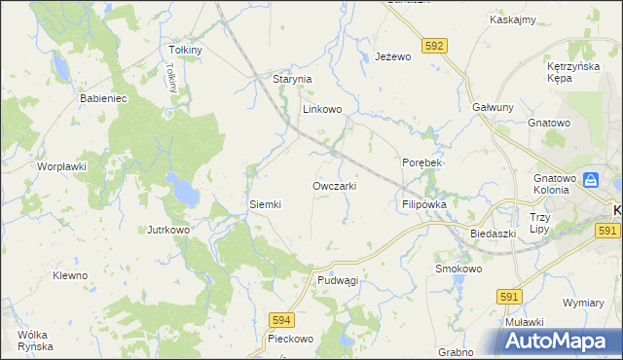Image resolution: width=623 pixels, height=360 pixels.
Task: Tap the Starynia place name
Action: click(x=291, y=79)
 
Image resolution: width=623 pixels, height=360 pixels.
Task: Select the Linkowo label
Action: click(x=322, y=110)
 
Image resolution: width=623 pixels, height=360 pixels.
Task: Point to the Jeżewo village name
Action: click(x=394, y=57)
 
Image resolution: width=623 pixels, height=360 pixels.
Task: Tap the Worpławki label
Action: click(x=62, y=167)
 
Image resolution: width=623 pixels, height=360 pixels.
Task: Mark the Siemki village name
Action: click(x=265, y=205)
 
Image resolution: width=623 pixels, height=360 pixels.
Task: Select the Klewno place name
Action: click(x=70, y=275)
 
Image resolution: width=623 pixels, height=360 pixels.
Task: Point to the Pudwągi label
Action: click(x=338, y=280)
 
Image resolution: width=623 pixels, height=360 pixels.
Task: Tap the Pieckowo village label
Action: click(x=290, y=340)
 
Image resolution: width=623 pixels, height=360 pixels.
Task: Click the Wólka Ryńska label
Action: click(x=34, y=341)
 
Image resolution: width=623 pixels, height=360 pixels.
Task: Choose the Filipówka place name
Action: click(x=423, y=206)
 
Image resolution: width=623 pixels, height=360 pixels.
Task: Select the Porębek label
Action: click(x=422, y=162)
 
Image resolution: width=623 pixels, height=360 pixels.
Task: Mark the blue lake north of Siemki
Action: click(x=181, y=189)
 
